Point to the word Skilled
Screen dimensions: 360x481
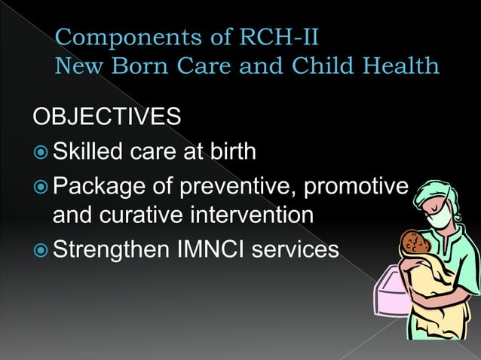[90, 152]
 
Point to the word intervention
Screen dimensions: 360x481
[259, 216]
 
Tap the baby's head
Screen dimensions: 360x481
[412, 243]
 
